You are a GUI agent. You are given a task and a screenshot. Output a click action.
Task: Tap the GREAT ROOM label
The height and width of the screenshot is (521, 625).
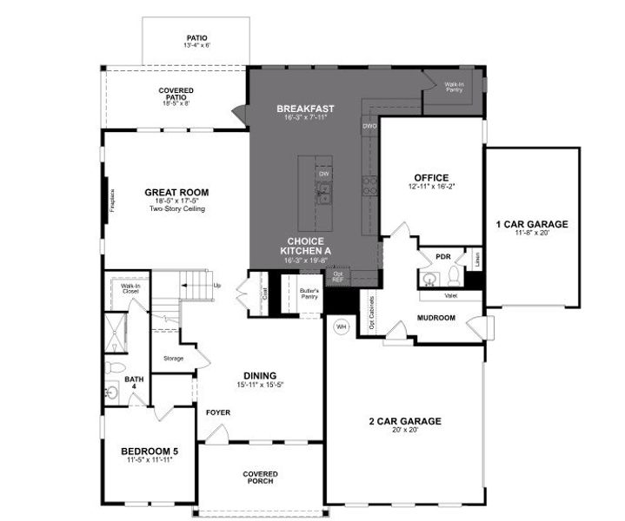pyautogui.click(x=176, y=193)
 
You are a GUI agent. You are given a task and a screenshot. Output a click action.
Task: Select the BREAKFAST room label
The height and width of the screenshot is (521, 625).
pyautogui.click(x=305, y=109)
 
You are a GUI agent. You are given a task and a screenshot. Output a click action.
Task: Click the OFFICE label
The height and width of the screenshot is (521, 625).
pyautogui.click(x=431, y=178)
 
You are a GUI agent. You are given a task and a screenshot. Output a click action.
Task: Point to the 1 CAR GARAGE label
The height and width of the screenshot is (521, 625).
pyautogui.click(x=531, y=225)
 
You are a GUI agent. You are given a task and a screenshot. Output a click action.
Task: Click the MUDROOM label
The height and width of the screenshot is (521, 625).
pyautogui.click(x=436, y=318)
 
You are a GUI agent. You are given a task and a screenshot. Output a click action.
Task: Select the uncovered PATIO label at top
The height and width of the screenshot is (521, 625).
pyautogui.click(x=196, y=38)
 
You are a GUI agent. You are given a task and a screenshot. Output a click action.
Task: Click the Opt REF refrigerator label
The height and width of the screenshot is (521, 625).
pyautogui.click(x=337, y=277)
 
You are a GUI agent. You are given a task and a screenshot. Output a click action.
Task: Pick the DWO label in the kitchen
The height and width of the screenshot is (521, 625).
pyautogui.click(x=369, y=127)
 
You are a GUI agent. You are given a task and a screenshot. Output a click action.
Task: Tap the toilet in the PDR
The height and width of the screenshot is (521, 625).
pyautogui.click(x=453, y=276)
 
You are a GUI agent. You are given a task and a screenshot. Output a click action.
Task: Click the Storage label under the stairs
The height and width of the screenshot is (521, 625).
pyautogui.click(x=174, y=358)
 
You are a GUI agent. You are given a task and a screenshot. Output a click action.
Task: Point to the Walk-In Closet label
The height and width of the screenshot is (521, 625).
pyautogui.click(x=130, y=288)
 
